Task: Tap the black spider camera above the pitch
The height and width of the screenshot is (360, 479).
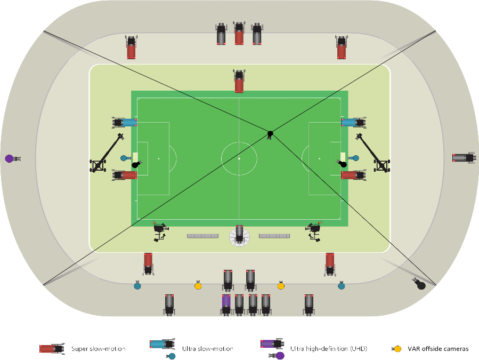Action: point(270,133)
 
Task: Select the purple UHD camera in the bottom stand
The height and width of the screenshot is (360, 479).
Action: point(226,305)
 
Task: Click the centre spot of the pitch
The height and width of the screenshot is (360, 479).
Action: point(239,159)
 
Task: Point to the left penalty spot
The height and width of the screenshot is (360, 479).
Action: point(159,159)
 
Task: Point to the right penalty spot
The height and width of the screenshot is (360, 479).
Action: point(320,159)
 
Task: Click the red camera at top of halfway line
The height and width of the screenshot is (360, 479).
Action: point(239,81)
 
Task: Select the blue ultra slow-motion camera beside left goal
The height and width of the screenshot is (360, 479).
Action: point(125,122)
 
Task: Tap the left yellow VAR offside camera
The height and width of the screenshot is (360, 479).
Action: point(198,286)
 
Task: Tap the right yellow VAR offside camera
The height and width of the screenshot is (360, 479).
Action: point(281,286)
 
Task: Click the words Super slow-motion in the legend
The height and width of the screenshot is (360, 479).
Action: point(99,349)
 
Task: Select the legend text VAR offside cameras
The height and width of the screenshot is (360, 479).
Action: point(438,349)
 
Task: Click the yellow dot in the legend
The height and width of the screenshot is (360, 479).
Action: point(397,349)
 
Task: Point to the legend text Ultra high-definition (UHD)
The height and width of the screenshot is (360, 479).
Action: point(329,349)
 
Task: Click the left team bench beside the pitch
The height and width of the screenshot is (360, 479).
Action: point(202,235)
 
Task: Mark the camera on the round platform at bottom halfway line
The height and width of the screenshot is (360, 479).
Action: point(240,235)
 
